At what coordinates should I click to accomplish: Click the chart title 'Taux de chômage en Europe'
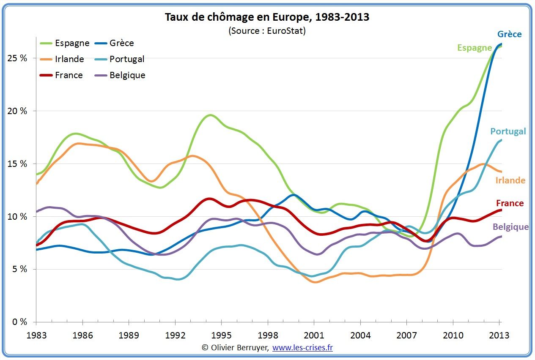tap(267, 17)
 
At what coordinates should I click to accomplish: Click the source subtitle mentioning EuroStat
tap(267, 31)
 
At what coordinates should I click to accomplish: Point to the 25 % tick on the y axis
tap(18, 58)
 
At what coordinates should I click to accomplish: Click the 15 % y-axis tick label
tap(18, 164)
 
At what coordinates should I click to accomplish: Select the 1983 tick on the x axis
tap(36, 335)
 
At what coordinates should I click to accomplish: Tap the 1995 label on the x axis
tap(222, 335)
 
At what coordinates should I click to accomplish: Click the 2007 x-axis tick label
tap(406, 335)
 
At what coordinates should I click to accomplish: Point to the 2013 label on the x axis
tap(499, 335)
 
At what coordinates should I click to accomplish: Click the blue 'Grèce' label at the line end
tap(509, 34)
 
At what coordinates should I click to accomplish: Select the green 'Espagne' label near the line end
tap(475, 48)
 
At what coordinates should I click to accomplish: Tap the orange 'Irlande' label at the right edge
tap(510, 180)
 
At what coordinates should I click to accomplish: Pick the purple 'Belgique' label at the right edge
tap(510, 227)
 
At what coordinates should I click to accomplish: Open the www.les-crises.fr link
tap(302, 348)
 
